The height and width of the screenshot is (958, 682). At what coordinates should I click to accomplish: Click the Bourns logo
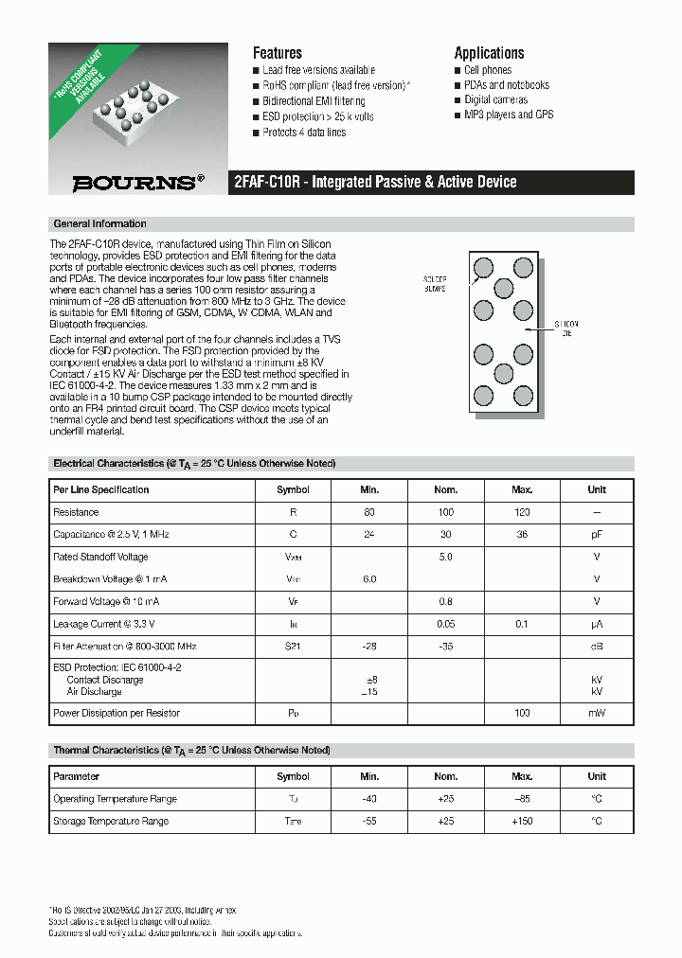[137, 183]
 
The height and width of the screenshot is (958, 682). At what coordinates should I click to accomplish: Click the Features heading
[277, 53]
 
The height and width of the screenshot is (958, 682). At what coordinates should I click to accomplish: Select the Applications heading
[489, 53]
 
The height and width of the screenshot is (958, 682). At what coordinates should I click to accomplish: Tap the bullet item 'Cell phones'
[488, 70]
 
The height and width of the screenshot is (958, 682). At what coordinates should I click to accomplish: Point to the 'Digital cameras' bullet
[495, 99]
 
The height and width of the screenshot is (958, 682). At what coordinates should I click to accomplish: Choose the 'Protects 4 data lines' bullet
[304, 133]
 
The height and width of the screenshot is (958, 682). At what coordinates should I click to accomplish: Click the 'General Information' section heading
[100, 224]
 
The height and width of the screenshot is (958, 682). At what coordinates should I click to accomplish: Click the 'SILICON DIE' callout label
[565, 328]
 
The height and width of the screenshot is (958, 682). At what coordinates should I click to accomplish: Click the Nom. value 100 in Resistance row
[445, 512]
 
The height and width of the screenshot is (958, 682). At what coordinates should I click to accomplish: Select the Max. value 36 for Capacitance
[522, 535]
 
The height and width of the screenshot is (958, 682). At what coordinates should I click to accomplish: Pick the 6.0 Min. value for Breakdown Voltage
[369, 579]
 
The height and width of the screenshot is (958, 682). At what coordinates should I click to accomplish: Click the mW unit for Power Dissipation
[597, 713]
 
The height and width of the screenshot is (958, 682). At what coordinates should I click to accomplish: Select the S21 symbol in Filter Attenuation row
[293, 647]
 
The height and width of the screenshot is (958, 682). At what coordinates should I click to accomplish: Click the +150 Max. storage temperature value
[522, 822]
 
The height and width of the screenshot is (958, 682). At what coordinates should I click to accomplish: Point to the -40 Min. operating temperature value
[369, 799]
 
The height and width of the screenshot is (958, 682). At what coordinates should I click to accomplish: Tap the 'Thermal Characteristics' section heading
[191, 751]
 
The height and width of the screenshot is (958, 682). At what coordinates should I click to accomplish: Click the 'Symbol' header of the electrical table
[293, 490]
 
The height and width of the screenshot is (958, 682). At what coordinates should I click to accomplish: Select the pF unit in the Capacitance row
[597, 535]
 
